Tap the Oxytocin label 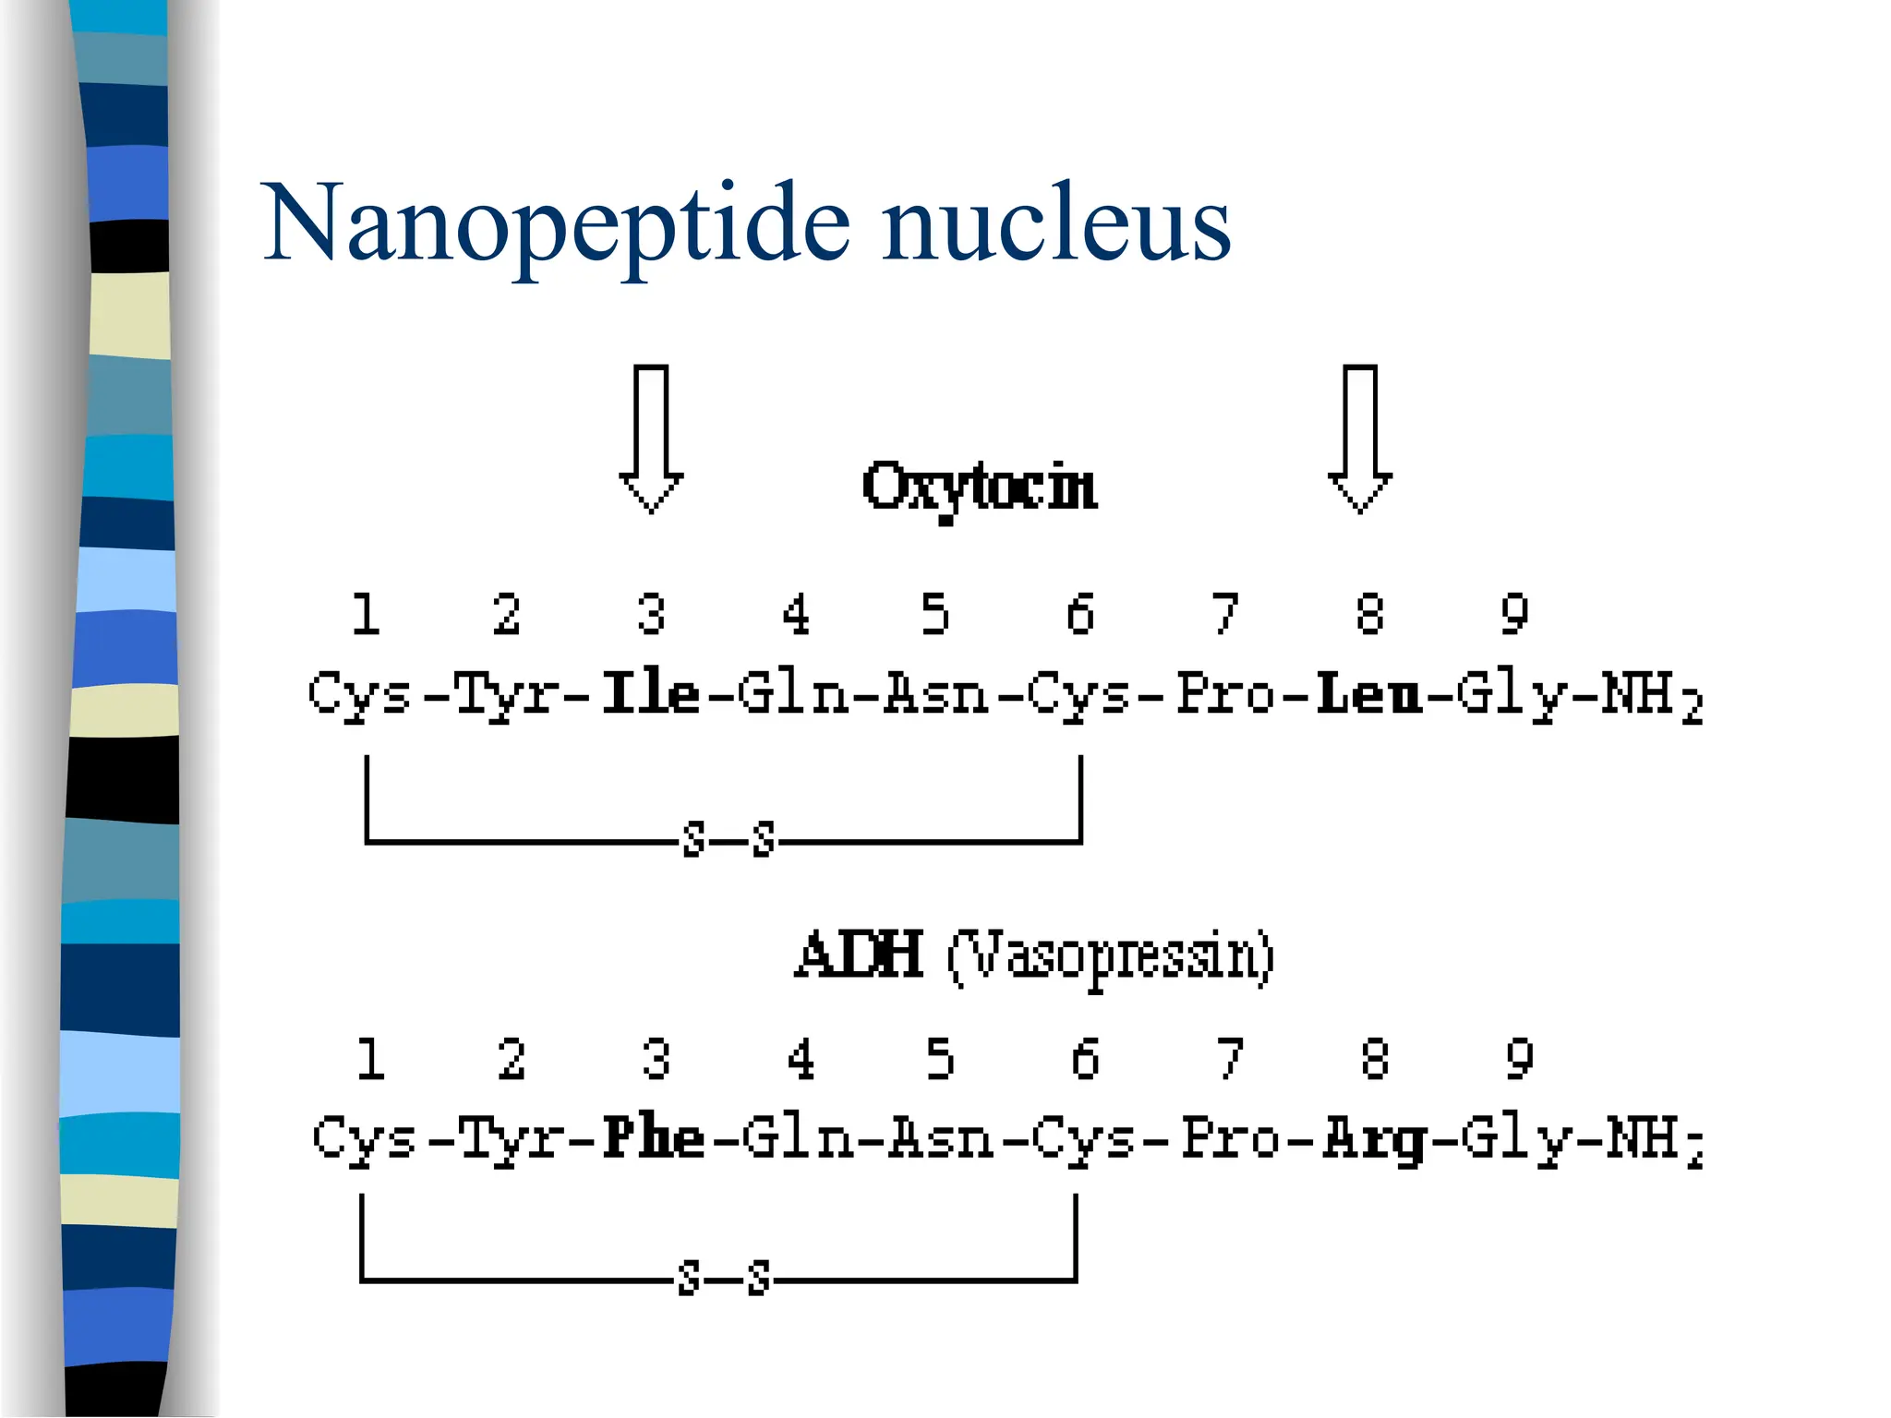click(x=980, y=487)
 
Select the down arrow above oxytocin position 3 click(x=651, y=439)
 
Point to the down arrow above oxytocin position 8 click(x=1359, y=439)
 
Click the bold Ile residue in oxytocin click(x=650, y=693)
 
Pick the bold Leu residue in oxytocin click(x=1368, y=695)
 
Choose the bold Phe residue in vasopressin click(x=654, y=1137)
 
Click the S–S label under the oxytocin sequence click(x=729, y=840)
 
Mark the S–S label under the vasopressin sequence click(x=724, y=1279)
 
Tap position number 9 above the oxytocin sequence click(x=1514, y=615)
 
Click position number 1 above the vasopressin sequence click(x=370, y=1059)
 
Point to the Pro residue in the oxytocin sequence click(x=1224, y=693)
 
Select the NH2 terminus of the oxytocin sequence click(x=1651, y=697)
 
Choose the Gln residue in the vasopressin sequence click(x=796, y=1137)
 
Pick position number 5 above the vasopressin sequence click(x=940, y=1059)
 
